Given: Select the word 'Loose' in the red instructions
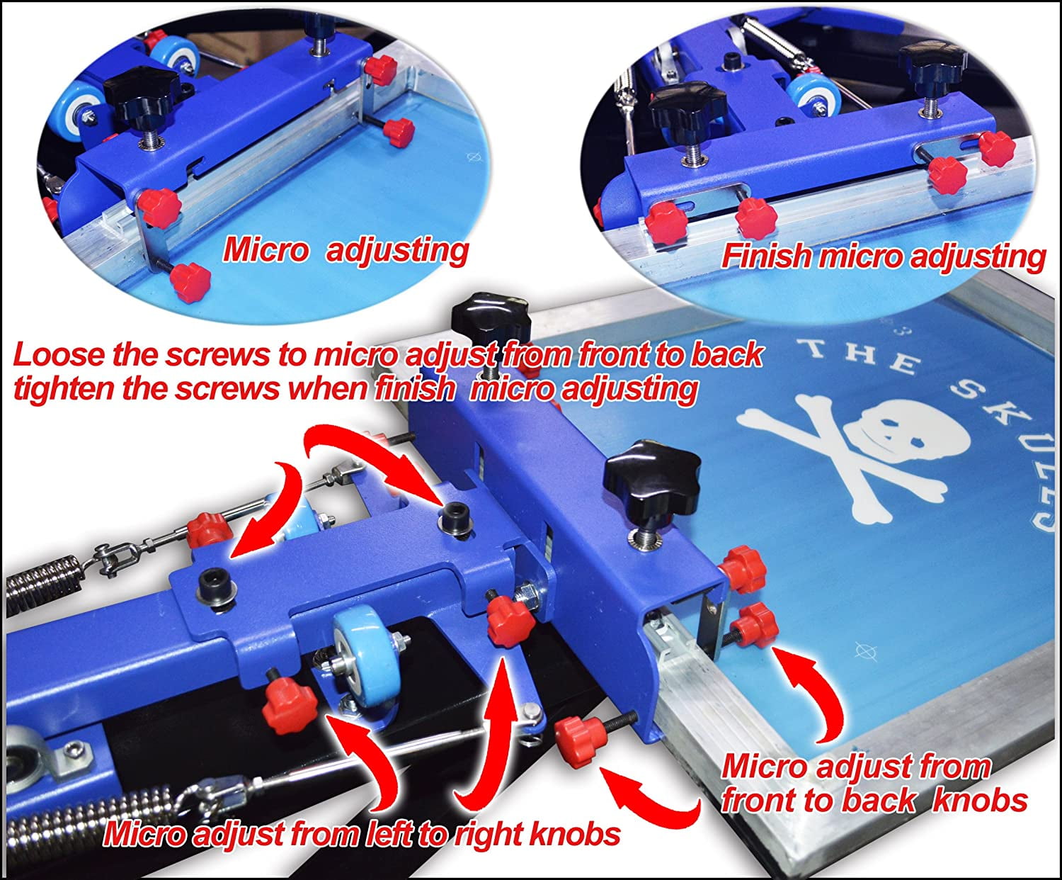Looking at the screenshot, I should point(59,355).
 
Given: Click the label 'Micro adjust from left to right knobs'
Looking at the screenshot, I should point(362,834).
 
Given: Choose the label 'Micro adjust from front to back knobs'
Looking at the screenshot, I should point(874,784).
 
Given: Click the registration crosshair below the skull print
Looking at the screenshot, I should point(863,650).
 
